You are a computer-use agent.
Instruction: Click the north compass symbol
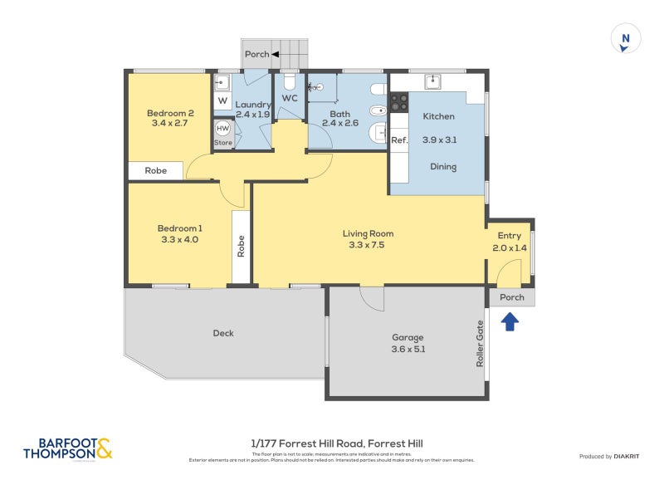point(626,39)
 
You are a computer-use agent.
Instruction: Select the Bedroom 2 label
point(170,114)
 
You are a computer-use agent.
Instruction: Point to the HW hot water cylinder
point(222,129)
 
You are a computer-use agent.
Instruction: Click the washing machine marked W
point(222,101)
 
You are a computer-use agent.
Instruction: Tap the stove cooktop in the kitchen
point(399,102)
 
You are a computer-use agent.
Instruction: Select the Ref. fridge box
point(399,140)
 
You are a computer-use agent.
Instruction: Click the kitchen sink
point(432,81)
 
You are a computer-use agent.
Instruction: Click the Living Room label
point(368,233)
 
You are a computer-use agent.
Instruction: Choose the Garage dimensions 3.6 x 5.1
point(408,350)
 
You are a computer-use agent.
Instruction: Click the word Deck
point(223,333)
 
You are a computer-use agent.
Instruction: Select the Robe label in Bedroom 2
point(156,170)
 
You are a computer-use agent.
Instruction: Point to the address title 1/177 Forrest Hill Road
point(336,443)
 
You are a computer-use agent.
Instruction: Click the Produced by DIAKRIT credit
point(613,456)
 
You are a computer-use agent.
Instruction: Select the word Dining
point(442,167)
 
